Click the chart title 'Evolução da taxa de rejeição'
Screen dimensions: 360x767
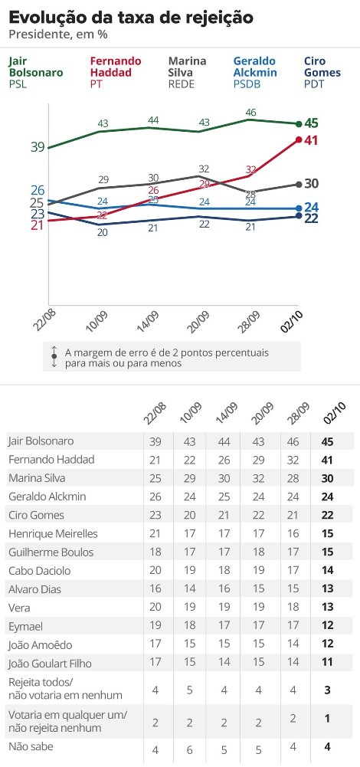coord(131,18)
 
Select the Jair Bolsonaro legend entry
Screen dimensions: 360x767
coord(36,72)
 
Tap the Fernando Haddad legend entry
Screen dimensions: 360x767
coord(116,72)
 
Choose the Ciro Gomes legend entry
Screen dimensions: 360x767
coord(322,72)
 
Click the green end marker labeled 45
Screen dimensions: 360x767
coord(299,124)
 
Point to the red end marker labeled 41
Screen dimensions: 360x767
coord(299,140)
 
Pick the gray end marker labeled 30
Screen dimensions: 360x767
coord(299,184)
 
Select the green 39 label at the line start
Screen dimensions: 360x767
coord(38,147)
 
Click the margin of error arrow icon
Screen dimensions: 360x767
coord(54,356)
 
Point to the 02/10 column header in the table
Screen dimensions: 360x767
coord(333,418)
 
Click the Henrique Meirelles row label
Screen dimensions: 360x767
coord(46,533)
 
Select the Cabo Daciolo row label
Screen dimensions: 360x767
coord(40,570)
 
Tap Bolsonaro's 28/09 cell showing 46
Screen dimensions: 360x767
coord(293,441)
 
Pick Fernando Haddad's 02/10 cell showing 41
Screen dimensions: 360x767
coord(328,459)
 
